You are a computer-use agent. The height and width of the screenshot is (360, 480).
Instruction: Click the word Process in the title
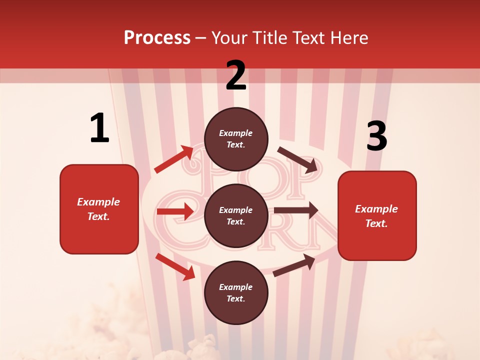pos(157,38)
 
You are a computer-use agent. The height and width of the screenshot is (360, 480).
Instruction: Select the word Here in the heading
pos(349,38)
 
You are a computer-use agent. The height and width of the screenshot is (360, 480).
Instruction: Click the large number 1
pos(99,128)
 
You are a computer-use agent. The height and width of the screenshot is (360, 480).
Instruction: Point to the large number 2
pos(236,75)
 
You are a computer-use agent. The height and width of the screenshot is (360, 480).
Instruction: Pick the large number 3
pos(376,136)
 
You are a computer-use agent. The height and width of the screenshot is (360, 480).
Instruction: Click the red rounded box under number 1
pos(99,209)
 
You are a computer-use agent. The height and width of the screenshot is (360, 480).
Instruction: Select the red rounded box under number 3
pos(377,216)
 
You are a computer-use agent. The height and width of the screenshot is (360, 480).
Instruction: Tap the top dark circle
pos(236,139)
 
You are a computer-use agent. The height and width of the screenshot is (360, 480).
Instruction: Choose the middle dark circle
pos(236,215)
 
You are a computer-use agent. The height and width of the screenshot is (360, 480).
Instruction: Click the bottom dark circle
pos(236,292)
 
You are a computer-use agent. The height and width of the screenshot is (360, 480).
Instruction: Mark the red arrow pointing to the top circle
pos(174,159)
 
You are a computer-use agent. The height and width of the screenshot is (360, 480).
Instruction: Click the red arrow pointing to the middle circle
pos(175,211)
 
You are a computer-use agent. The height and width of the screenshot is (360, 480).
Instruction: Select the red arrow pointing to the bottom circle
pos(175,266)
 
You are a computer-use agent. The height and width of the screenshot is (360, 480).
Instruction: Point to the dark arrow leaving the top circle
pos(298,159)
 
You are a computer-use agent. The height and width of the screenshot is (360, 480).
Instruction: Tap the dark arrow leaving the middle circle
pos(296,210)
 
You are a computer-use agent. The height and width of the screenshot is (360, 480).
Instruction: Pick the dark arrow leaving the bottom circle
pos(294,265)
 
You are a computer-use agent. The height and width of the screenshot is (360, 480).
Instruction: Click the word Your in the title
pos(229,38)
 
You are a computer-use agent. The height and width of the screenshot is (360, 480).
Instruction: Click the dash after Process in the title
pos(201,39)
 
